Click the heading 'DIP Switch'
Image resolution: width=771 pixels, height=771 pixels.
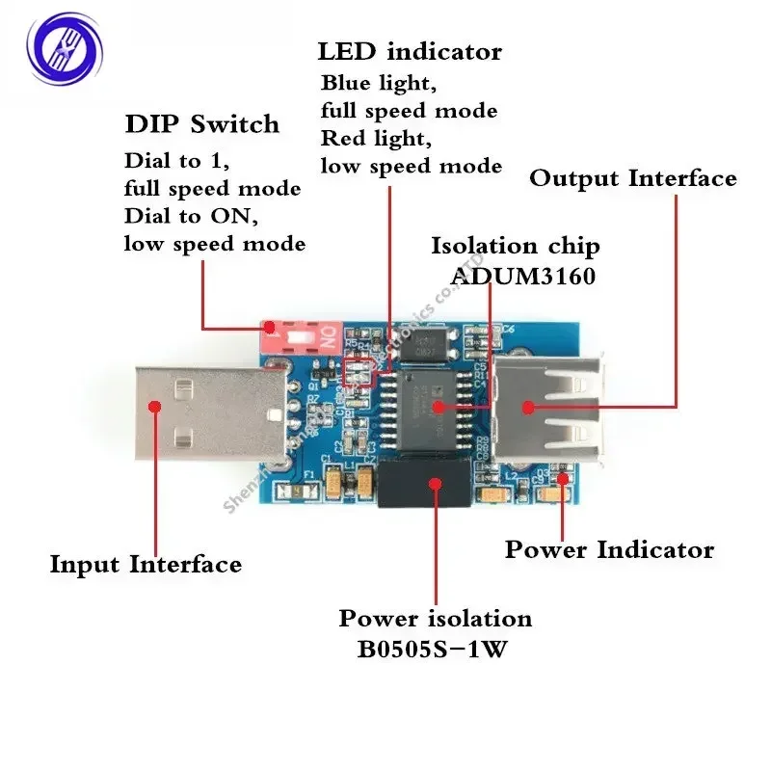[x=201, y=124]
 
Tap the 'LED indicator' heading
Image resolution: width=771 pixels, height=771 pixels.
[x=410, y=51]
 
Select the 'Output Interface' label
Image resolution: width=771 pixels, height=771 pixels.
[x=633, y=178]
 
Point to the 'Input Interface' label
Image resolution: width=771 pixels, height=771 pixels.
[x=146, y=564]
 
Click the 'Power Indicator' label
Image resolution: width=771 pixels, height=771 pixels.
[x=609, y=550]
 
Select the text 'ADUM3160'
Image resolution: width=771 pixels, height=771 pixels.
[x=522, y=277]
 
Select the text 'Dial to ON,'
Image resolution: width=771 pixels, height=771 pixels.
[x=192, y=217]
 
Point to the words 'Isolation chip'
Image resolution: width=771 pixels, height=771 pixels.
[x=515, y=247]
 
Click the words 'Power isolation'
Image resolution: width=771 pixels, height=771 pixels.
[x=435, y=618]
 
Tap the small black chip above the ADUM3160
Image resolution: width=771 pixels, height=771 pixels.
[x=427, y=344]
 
